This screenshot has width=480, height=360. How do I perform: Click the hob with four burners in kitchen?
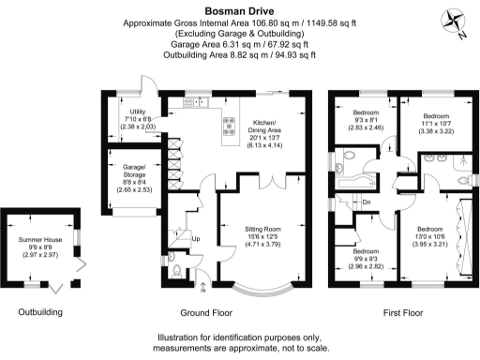229,121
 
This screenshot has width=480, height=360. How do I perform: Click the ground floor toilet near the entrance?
176,271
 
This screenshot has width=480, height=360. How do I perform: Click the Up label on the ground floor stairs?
195,239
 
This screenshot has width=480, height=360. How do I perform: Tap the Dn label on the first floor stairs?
367,202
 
